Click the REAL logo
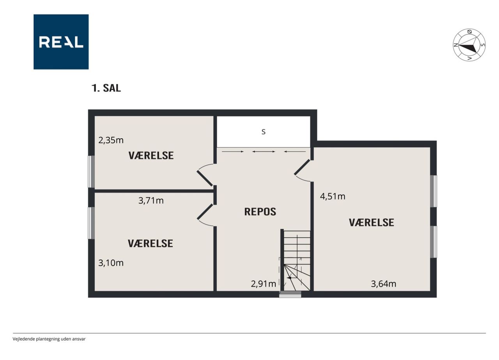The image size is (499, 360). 61,42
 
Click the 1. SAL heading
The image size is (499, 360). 106,88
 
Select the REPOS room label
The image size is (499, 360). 260,212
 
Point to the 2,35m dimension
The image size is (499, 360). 111,141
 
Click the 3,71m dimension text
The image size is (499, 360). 151,201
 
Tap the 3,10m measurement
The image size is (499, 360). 111,263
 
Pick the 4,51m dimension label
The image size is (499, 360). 333,197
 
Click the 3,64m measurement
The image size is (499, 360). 383,284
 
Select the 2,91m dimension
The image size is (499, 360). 263,284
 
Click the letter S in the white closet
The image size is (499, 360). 263,132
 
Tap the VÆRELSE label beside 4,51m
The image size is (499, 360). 372,222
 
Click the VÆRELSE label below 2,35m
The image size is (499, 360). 151,155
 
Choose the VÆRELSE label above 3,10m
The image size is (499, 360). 150,244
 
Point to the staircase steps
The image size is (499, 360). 297,261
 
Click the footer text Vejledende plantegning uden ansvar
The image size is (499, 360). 49,339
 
